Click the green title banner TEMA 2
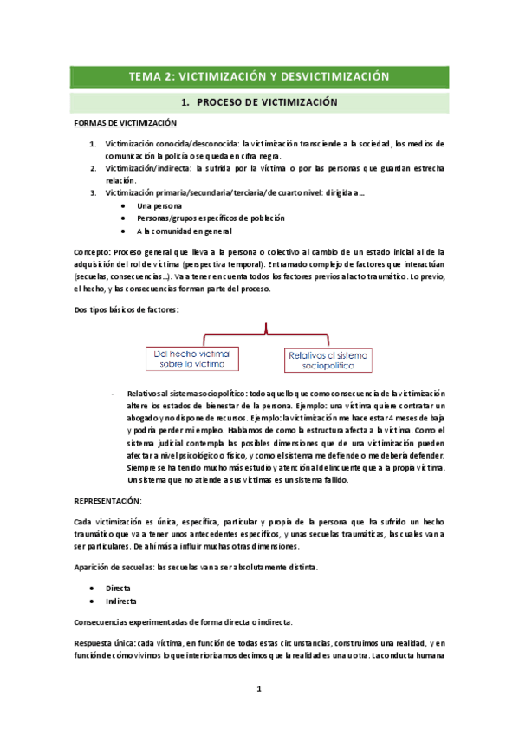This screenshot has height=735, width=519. [259, 76]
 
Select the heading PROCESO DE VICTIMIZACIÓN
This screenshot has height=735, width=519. [259, 102]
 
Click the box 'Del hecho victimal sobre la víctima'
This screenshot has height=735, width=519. [192, 359]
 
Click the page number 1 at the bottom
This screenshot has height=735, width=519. [258, 689]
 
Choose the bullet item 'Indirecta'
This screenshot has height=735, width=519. [121, 600]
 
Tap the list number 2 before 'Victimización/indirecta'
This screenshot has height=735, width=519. [93, 168]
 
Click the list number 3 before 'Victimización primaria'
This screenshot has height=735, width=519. [93, 192]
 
